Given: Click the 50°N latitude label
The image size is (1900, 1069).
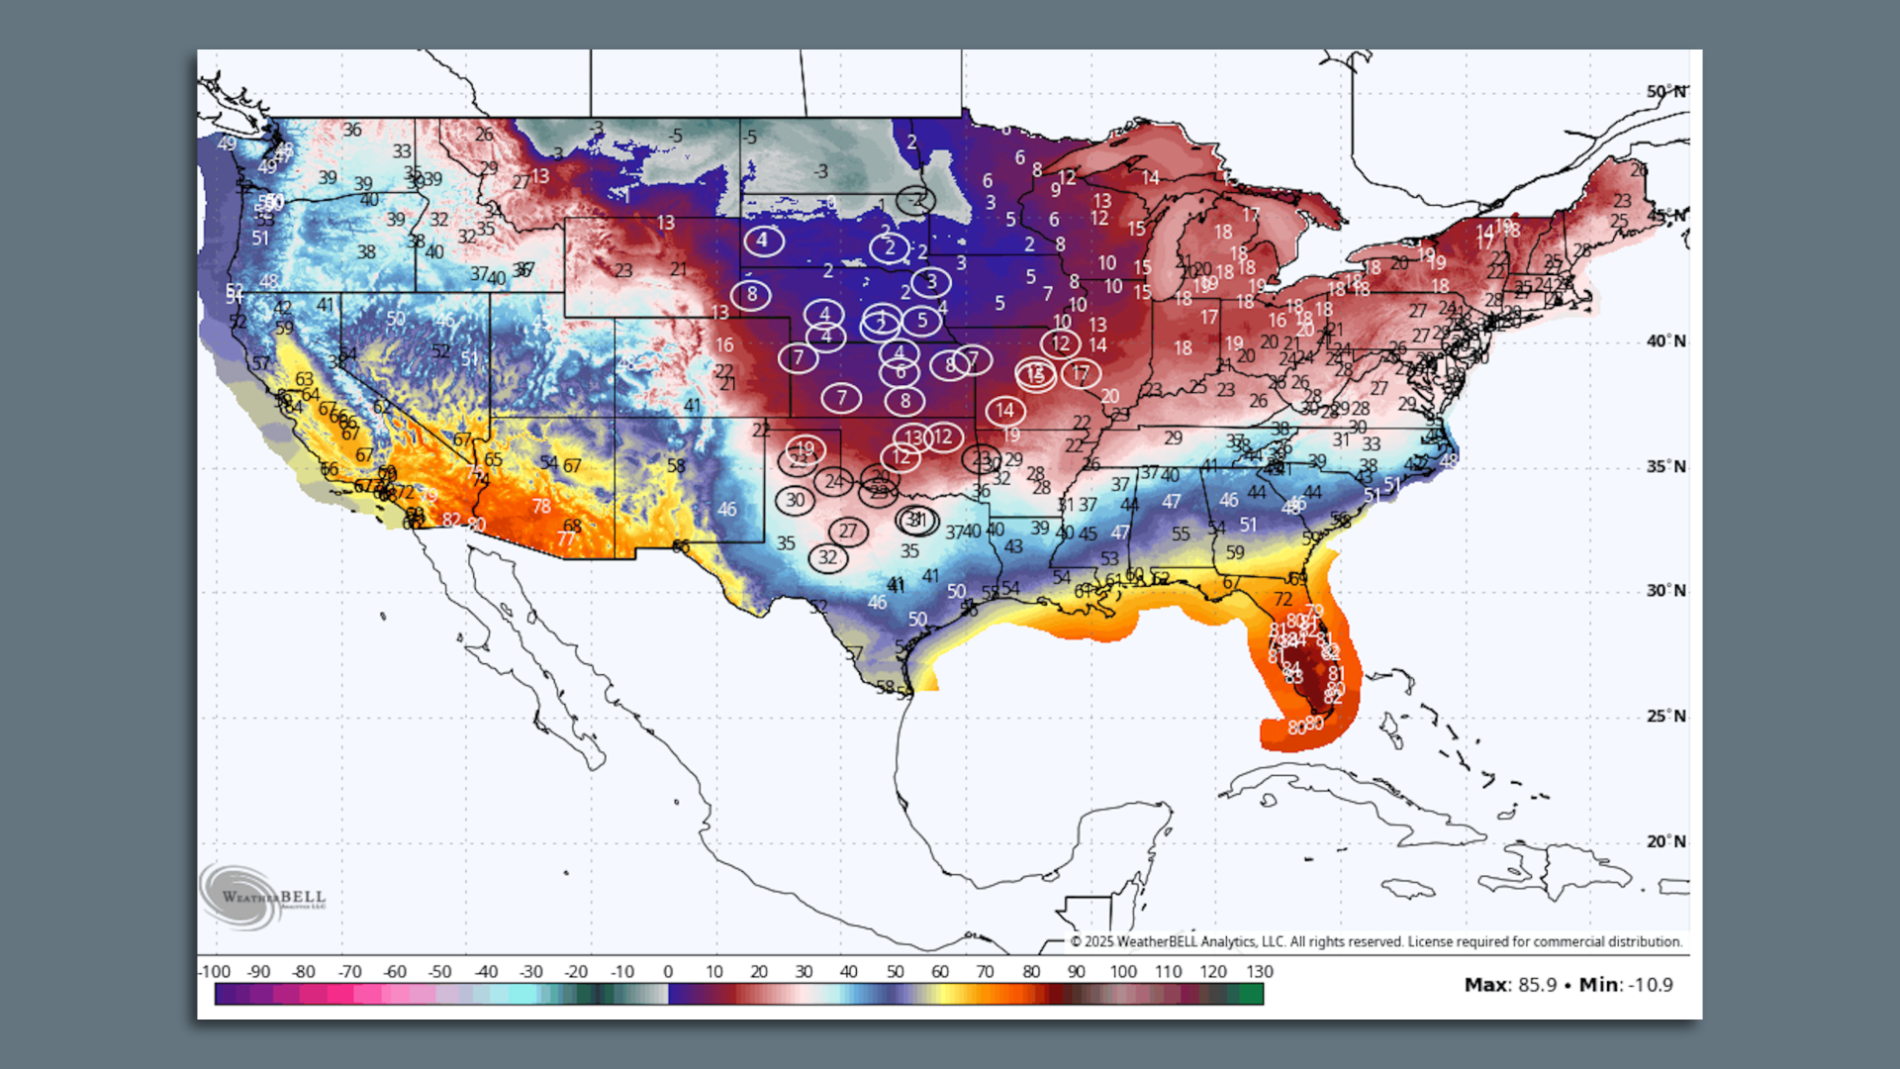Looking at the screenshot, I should pyautogui.click(x=1665, y=92).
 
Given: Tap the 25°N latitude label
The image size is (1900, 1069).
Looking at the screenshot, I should pyautogui.click(x=1665, y=716).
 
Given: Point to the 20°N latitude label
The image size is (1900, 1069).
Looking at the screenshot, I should pyautogui.click(x=1665, y=841).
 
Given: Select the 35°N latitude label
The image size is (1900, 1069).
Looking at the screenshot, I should pyautogui.click(x=1665, y=466).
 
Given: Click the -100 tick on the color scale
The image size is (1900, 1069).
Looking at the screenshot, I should pyautogui.click(x=214, y=972).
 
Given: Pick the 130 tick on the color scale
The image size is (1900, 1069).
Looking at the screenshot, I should pyautogui.click(x=1259, y=972).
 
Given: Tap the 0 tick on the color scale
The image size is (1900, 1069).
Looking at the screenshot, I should pyautogui.click(x=668, y=972).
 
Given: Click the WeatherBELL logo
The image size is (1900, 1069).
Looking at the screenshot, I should pyautogui.click(x=262, y=897).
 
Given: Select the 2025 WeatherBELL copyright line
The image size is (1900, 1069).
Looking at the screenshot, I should pyautogui.click(x=1376, y=941).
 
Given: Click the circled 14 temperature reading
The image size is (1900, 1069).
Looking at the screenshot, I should pyautogui.click(x=1004, y=410).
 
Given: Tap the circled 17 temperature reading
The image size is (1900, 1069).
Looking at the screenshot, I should pyautogui.click(x=1080, y=373).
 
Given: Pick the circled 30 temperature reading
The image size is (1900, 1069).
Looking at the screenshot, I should pyautogui.click(x=796, y=500).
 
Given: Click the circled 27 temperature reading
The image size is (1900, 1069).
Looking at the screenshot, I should pyautogui.click(x=848, y=532).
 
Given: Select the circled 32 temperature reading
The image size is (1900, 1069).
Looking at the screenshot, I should pyautogui.click(x=827, y=557).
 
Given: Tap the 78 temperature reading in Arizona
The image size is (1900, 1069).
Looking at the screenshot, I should pyautogui.click(x=541, y=506).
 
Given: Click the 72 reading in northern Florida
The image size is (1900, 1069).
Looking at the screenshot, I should pyautogui.click(x=1282, y=599).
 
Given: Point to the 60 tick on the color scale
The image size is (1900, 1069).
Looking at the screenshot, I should pyautogui.click(x=940, y=972).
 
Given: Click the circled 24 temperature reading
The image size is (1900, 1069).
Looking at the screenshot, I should pyautogui.click(x=834, y=481).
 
